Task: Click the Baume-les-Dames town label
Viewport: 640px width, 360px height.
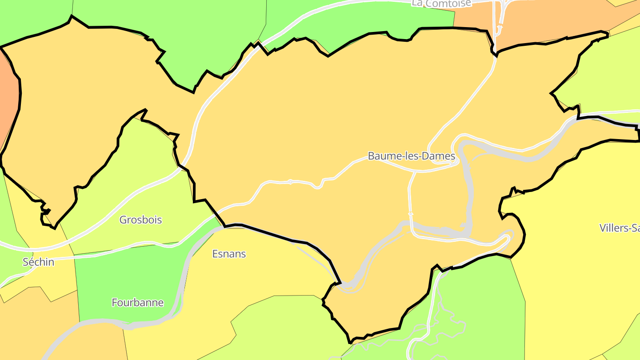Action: point(411,156)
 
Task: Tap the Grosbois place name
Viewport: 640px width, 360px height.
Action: point(140,220)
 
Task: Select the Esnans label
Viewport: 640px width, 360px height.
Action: point(229,254)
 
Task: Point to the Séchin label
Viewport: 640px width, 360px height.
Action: point(39,262)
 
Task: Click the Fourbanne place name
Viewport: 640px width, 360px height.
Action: point(137,303)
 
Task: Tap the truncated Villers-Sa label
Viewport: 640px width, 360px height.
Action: point(619,228)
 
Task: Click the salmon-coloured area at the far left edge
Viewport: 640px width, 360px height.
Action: point(8,102)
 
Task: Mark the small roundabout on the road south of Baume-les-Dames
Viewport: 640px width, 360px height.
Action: point(411,214)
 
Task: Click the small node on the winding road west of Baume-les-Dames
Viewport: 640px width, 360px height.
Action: point(290,181)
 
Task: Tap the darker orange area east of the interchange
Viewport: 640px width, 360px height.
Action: point(556,22)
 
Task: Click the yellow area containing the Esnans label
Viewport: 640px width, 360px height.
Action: point(249,276)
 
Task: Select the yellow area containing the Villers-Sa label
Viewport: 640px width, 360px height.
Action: point(578,267)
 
